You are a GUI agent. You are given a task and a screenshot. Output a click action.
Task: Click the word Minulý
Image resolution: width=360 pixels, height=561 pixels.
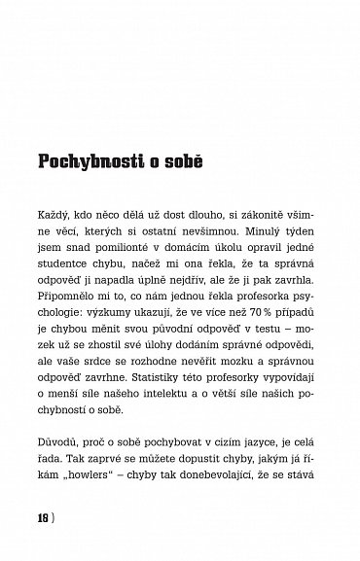[x=259, y=239]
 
